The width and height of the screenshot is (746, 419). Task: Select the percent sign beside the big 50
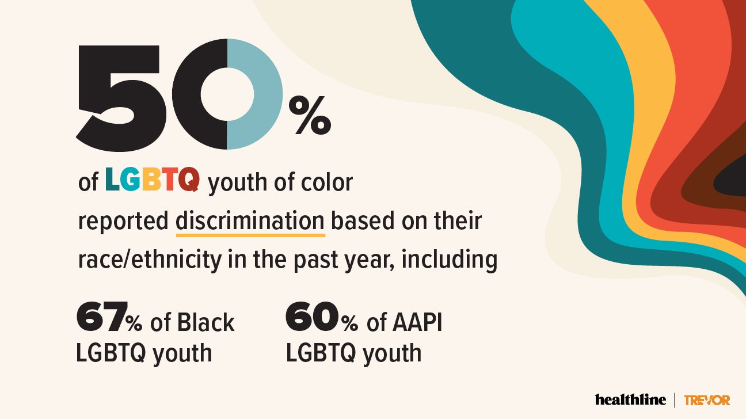click(x=313, y=116)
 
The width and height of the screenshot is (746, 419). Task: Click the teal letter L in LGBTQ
click(x=113, y=180)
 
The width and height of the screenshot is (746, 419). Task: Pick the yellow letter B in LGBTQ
click(x=150, y=180)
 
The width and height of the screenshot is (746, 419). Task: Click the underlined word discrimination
click(x=250, y=221)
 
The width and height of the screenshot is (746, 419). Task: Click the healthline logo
click(x=630, y=399)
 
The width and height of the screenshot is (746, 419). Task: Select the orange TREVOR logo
click(x=707, y=400)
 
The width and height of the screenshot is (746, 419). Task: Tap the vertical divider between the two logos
click(x=675, y=400)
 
